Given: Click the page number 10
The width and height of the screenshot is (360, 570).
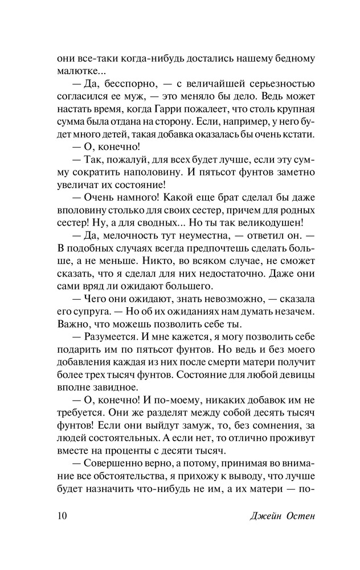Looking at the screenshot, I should click(63, 516).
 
